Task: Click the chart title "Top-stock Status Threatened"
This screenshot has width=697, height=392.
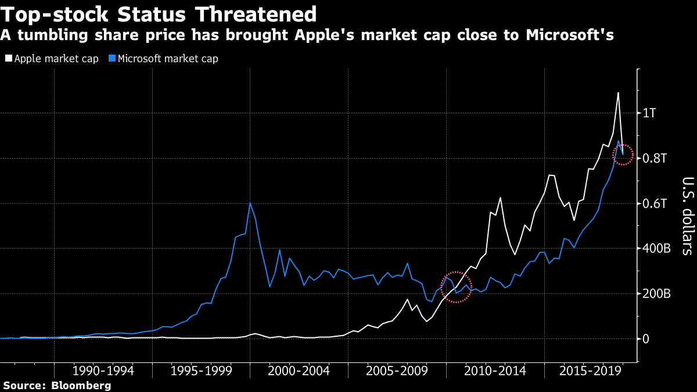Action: click(x=159, y=14)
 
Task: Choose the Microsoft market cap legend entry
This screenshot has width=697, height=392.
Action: click(x=164, y=59)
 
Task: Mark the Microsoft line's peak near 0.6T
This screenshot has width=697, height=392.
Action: click(x=250, y=203)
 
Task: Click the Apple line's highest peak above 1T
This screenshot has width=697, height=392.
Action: click(x=618, y=92)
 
